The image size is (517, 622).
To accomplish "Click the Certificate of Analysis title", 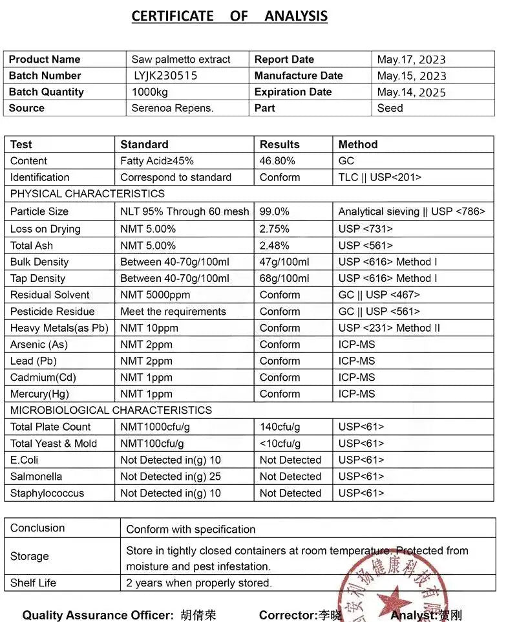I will [x=229, y=16].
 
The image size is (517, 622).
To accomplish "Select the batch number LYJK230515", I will [x=165, y=76].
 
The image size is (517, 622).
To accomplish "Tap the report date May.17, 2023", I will [x=411, y=59].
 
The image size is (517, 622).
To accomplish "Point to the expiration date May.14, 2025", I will [x=411, y=92].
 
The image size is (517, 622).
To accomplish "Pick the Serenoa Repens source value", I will [x=172, y=108].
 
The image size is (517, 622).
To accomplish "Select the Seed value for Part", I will [x=390, y=108].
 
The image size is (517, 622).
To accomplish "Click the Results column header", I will [x=279, y=144].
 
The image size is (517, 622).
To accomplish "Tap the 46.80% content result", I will [x=277, y=161].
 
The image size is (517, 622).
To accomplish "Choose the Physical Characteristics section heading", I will [x=87, y=193].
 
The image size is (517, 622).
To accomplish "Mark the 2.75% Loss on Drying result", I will [x=275, y=229].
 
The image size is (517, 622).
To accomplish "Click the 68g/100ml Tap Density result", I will [x=284, y=278].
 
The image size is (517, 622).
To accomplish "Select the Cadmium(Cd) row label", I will [x=43, y=378].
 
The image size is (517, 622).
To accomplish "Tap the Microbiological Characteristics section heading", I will [x=111, y=410].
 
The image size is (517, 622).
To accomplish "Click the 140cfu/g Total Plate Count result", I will [x=280, y=427].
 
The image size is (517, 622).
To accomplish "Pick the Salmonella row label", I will [x=36, y=477].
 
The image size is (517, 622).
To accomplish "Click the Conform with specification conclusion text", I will [x=191, y=529].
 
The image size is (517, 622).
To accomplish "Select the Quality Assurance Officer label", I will [x=98, y=616].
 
